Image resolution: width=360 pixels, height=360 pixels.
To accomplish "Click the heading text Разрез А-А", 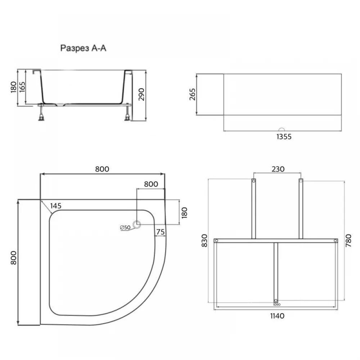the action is point(83,48).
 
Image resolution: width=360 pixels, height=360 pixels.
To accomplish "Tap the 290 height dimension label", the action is point(141,94).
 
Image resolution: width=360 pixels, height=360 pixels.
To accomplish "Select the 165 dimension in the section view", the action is point(22,87).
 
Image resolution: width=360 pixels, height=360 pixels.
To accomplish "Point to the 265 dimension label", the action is point(192,94).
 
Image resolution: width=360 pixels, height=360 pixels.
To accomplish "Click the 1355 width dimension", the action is point(284,136).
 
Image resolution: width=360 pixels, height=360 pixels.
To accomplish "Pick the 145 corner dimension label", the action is point(56,206).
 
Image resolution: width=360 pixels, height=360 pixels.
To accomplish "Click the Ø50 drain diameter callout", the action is point(125,228).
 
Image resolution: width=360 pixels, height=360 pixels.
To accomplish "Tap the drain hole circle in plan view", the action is point(137,224).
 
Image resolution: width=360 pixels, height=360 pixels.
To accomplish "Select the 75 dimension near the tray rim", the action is point(161,232).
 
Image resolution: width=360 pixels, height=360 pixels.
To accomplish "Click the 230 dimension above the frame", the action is point(278,169).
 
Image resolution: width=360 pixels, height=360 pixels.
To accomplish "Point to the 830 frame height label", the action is point(204,240).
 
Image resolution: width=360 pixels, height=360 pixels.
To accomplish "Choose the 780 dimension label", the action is point(348,240).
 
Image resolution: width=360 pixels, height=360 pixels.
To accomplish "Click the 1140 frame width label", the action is point(277,316).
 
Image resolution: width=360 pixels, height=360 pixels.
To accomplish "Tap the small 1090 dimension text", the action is point(277,305).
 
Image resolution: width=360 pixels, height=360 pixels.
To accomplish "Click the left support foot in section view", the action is point(41,113).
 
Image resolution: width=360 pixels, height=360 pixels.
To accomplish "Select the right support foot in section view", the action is point(127,113).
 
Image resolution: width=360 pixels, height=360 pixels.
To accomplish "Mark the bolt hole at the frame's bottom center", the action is point(276,301).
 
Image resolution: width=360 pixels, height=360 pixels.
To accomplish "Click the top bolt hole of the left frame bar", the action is point(254,181).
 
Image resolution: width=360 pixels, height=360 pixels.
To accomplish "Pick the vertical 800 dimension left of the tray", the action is point(14,258).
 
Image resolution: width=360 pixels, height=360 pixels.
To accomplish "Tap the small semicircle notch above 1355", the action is point(282,130).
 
